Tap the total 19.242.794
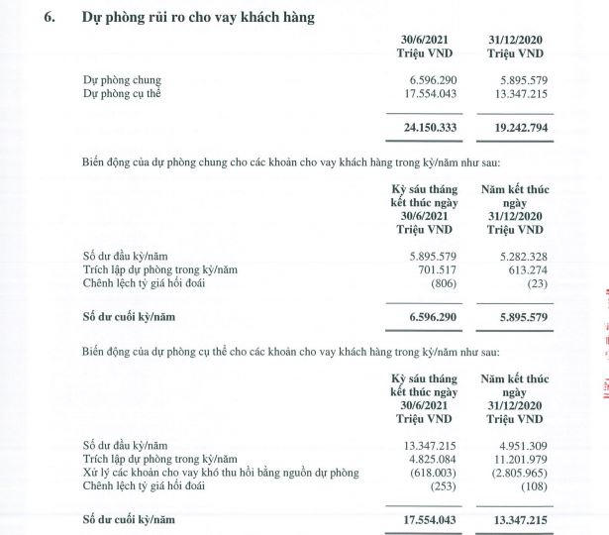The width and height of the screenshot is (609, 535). [x=518, y=128]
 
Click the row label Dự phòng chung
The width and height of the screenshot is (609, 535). [x=123, y=79]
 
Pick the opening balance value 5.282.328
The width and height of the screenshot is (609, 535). [x=520, y=257]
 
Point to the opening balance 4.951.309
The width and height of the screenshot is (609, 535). [x=520, y=445]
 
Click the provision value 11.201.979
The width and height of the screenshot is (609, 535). [x=517, y=459]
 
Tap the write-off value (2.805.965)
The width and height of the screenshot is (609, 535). [x=516, y=473]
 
